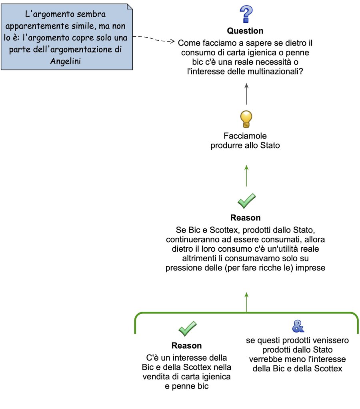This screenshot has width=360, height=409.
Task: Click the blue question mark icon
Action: (245, 14)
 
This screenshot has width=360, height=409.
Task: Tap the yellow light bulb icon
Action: (246, 119)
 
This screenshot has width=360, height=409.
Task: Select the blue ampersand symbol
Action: (298, 326)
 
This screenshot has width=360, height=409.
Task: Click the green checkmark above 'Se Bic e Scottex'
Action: (246, 201)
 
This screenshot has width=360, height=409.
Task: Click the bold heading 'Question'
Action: (245, 31)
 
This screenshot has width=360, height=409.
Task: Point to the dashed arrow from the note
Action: (154, 39)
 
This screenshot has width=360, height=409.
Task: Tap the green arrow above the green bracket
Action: (246, 302)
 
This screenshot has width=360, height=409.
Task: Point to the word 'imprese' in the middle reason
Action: (312, 268)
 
